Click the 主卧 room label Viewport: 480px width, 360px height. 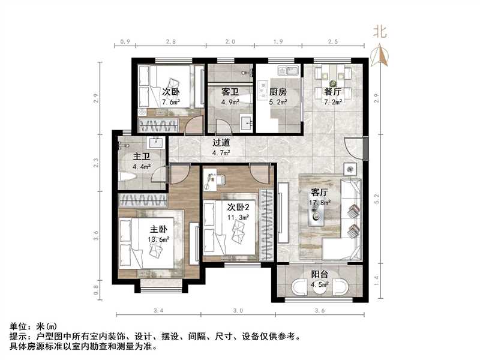[158, 229]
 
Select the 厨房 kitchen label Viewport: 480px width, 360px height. [277, 92]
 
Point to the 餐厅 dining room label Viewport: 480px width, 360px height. [333, 92]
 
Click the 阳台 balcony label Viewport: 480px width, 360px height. [319, 275]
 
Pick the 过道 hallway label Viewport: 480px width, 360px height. [221, 143]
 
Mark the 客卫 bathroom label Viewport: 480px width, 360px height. [230, 92]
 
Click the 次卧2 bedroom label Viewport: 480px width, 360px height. [238, 206]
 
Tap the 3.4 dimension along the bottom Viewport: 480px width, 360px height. [159, 310]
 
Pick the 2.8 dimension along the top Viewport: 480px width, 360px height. [170, 42]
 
